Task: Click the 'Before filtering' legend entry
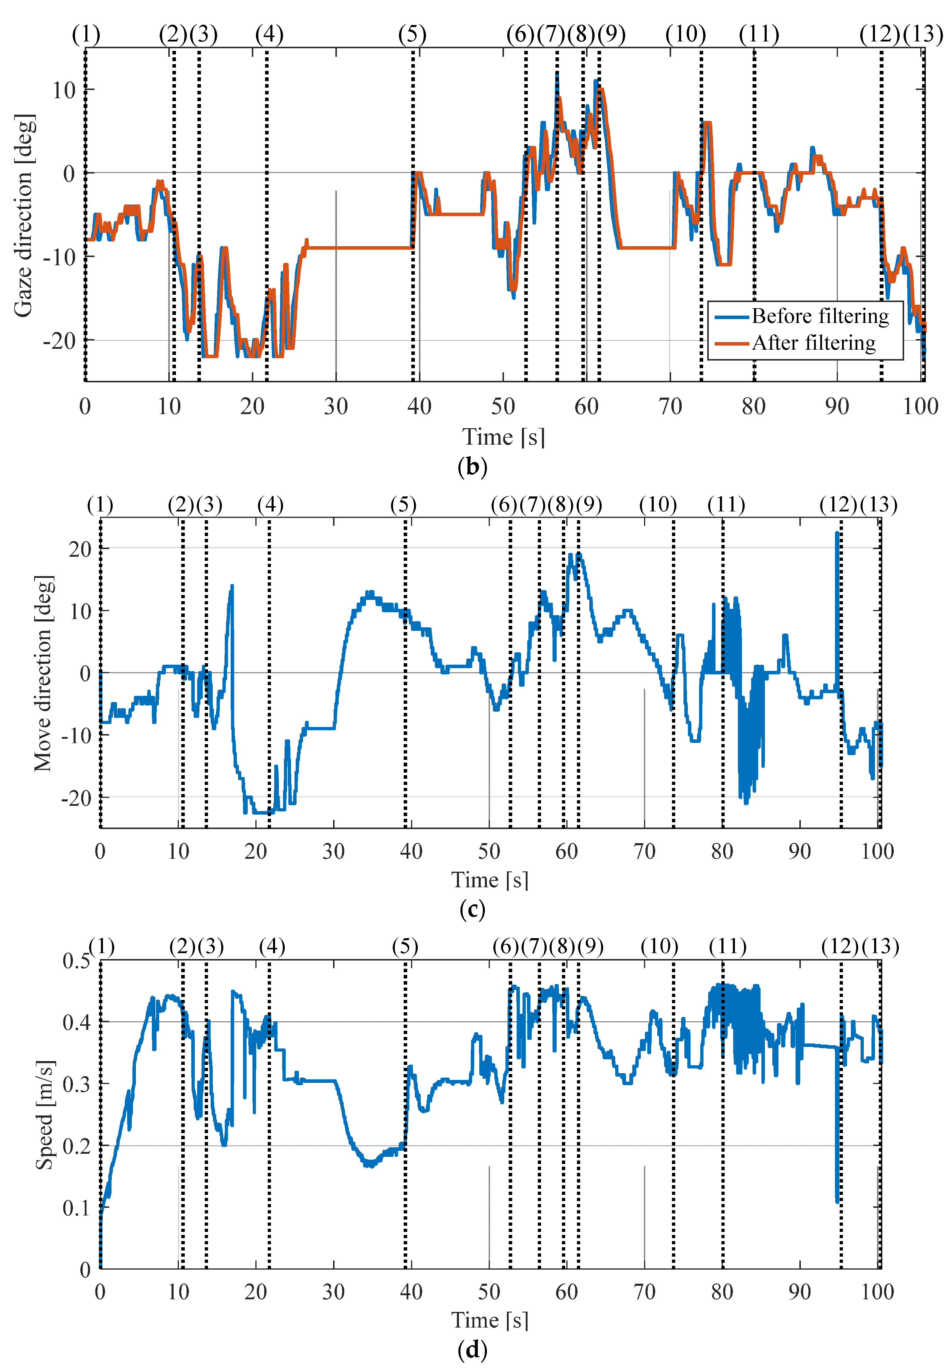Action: (820, 316)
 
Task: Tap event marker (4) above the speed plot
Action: (272, 947)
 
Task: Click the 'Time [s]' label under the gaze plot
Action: (504, 437)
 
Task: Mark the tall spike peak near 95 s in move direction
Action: (837, 533)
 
